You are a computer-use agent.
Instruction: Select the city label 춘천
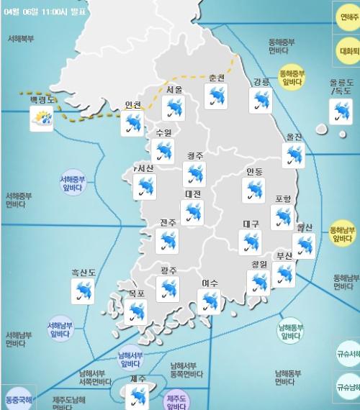217,78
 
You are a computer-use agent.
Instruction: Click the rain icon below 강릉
261,101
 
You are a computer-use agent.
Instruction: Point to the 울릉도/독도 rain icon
341,111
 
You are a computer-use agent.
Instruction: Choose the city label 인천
133,105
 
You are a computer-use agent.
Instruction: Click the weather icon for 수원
165,151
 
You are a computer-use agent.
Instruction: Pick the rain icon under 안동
253,188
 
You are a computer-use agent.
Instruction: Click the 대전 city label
193,193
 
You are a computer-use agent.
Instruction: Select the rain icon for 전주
167,241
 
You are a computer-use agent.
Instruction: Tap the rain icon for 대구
251,242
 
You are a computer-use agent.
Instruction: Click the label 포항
283,199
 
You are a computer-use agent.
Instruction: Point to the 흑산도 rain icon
84,291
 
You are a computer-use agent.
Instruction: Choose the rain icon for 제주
137,396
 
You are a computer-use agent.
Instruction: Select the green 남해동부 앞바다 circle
290,330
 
